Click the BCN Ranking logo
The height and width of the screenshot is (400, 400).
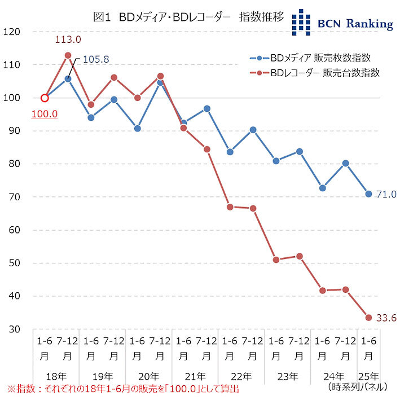342,22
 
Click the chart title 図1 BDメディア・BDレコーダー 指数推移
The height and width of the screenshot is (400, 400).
188,17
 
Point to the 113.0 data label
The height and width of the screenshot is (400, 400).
68,39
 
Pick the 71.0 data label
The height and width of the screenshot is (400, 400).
386,194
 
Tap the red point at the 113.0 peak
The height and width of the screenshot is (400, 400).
68,55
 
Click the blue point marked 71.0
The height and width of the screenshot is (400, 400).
368,194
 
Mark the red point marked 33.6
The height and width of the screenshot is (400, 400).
368,318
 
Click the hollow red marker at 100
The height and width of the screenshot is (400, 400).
45,98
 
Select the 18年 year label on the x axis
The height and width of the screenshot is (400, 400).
56,375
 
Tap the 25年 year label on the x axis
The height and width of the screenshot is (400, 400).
369,375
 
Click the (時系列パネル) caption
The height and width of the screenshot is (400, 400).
357,387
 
